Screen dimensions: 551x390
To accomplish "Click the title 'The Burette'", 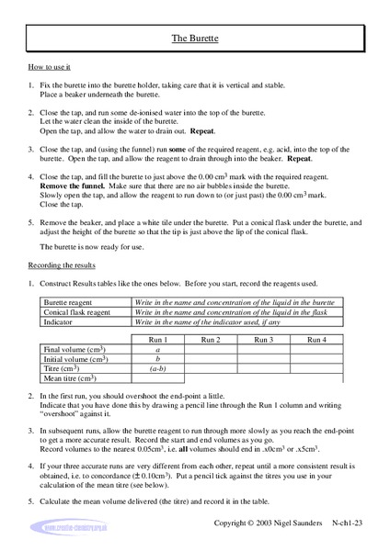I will (194, 39).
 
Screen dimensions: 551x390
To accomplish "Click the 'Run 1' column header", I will (157, 340).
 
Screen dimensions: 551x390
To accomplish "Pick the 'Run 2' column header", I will (210, 340).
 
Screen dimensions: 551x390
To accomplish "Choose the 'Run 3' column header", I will (263, 340).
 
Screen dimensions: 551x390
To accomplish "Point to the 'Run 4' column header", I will (316, 340).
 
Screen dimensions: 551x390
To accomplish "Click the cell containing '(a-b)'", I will (157, 369).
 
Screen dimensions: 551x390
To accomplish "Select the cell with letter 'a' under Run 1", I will (157, 350).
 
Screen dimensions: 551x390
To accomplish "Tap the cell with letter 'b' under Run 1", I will (157, 359).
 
